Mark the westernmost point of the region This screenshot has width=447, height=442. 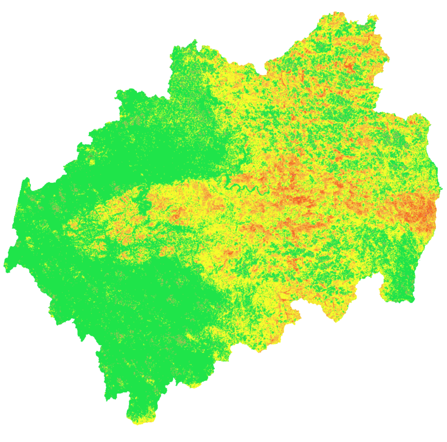click(x=5, y=264)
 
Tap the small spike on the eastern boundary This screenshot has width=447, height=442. click(x=440, y=189)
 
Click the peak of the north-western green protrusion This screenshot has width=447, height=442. click(x=194, y=42)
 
